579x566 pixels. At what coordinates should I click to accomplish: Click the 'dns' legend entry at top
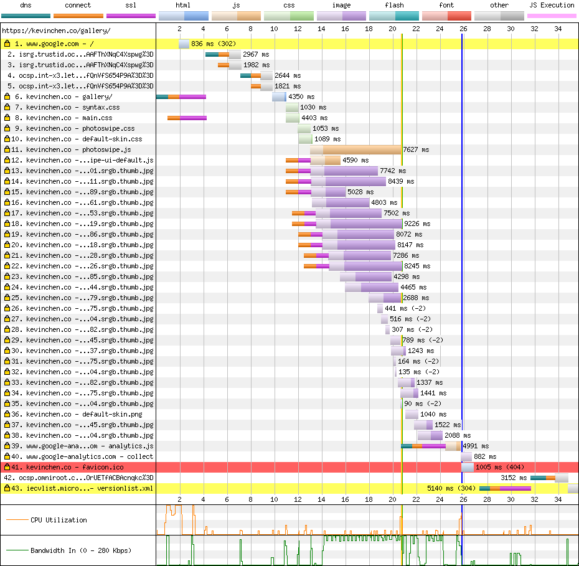26,5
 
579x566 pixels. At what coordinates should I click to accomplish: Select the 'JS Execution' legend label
552,5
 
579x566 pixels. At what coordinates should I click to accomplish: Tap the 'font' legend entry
446,5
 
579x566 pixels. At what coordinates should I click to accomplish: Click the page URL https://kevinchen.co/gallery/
57,31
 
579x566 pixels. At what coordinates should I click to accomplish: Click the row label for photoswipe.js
78,149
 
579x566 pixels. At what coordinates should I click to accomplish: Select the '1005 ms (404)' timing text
499,467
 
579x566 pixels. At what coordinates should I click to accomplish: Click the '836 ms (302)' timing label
214,44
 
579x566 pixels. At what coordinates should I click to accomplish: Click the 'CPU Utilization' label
59,520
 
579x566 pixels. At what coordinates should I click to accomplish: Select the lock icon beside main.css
7,118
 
